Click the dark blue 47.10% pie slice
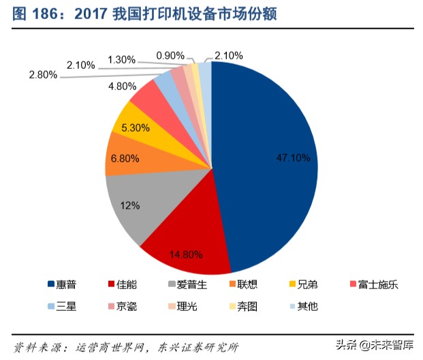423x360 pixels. [272, 164]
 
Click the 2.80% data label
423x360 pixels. [42, 75]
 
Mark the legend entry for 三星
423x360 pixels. [65, 306]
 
